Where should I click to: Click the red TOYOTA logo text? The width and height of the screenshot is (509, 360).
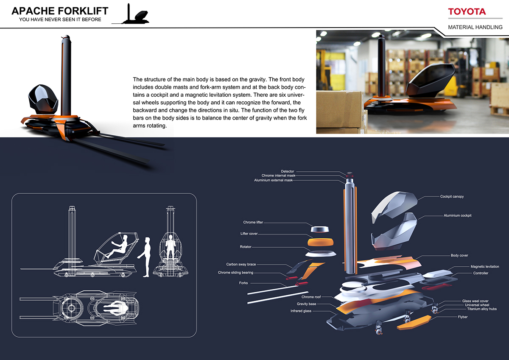[467, 11]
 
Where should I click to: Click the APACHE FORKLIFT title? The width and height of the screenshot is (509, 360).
[60, 11]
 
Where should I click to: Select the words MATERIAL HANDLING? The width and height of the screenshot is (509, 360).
[475, 27]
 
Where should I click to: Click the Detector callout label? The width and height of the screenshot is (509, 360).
[287, 171]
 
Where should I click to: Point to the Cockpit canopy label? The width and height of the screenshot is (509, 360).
[452, 197]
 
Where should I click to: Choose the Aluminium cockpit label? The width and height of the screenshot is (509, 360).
[458, 215]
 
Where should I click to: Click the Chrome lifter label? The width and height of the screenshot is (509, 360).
[255, 222]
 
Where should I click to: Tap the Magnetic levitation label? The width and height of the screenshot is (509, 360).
[485, 267]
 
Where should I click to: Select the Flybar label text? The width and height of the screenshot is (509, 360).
[463, 317]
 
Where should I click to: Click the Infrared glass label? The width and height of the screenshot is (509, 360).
[301, 311]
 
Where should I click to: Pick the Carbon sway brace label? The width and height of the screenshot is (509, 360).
[241, 264]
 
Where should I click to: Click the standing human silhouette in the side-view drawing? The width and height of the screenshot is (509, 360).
[146, 257]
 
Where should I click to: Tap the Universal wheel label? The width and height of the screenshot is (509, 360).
[477, 305]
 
